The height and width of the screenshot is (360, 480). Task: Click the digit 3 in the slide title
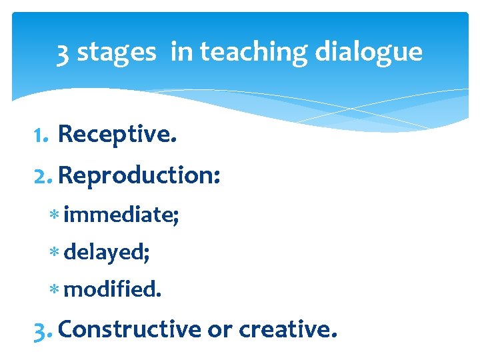(x=63, y=52)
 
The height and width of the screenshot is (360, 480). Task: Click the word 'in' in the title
(x=180, y=52)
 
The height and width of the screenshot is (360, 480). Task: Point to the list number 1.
(x=39, y=135)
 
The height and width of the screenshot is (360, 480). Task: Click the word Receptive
(x=117, y=135)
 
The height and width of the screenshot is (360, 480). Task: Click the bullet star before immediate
(x=56, y=216)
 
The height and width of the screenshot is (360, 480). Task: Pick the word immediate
(x=120, y=215)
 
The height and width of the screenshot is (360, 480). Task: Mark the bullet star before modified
(x=56, y=290)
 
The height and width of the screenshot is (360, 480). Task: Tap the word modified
(x=112, y=289)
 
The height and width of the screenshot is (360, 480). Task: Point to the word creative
(x=285, y=329)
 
